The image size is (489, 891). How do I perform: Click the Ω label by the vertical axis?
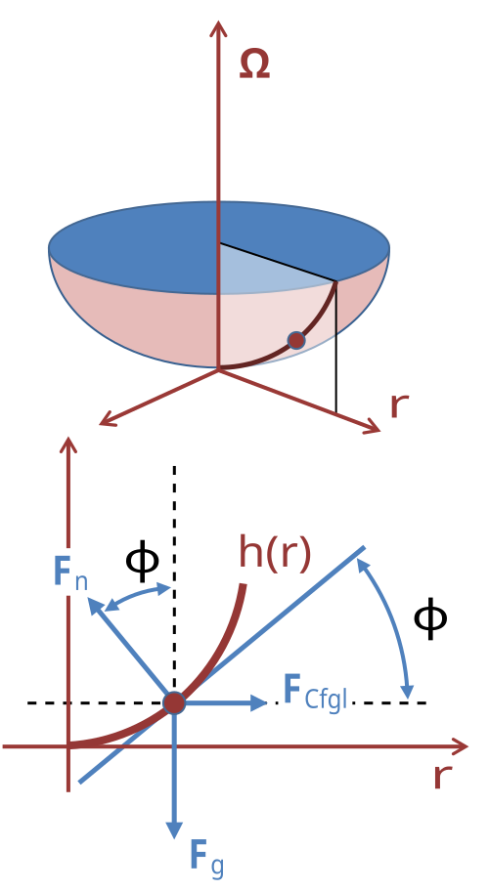pos(254,64)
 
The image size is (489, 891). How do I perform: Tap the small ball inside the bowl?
pos(296,340)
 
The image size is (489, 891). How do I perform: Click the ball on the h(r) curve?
pos(174,702)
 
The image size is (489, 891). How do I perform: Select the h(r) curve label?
pos(275,552)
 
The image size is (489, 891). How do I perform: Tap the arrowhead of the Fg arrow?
pos(174,829)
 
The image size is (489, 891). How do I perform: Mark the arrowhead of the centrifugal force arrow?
pos(258,702)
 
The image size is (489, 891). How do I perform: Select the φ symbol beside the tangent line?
pos(430,618)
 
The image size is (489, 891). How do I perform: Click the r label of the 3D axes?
pos(399,405)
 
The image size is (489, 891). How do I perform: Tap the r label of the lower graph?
pos(442,777)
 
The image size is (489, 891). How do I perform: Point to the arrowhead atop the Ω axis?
pos(219,28)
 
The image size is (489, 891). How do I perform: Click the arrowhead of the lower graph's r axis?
pos(459,746)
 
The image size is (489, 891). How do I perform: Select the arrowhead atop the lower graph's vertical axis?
pos(68,445)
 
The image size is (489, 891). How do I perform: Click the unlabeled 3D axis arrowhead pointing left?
pos(108,419)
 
